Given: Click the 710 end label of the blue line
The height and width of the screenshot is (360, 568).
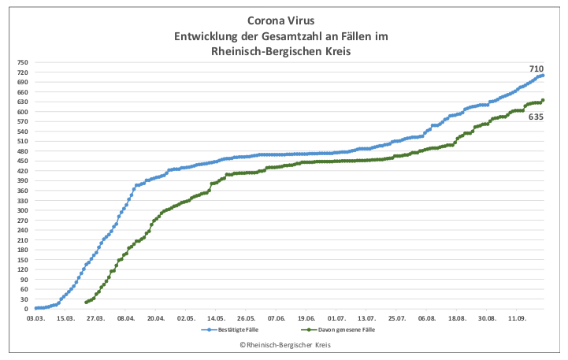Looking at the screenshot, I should [x=536, y=69].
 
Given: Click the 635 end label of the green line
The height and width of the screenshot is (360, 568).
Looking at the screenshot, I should [x=536, y=117].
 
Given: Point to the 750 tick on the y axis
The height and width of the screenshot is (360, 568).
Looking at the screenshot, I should [x=22, y=62].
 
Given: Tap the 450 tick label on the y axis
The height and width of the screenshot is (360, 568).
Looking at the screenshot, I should [x=22, y=161].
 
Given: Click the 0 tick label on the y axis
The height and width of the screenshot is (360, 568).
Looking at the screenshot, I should [x=26, y=309].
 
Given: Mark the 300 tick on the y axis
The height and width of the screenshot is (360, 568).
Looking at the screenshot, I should [x=22, y=210].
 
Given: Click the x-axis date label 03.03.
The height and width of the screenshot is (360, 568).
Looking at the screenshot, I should [x=35, y=319].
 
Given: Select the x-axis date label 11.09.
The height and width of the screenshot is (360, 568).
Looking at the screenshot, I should [x=517, y=319].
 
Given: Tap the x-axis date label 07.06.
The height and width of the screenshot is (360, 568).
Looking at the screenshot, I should [x=277, y=319].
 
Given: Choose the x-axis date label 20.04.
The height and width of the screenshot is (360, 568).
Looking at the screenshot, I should [x=156, y=319].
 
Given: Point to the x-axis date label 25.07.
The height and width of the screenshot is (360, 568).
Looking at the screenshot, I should [x=397, y=319].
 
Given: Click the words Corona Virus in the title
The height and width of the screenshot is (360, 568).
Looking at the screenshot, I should [x=280, y=23].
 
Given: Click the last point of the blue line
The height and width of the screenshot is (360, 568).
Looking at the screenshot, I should [x=543, y=76].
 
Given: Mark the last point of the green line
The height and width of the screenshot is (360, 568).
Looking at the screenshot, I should [x=543, y=100].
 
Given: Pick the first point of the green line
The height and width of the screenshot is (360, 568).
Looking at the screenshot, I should [x=86, y=302].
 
